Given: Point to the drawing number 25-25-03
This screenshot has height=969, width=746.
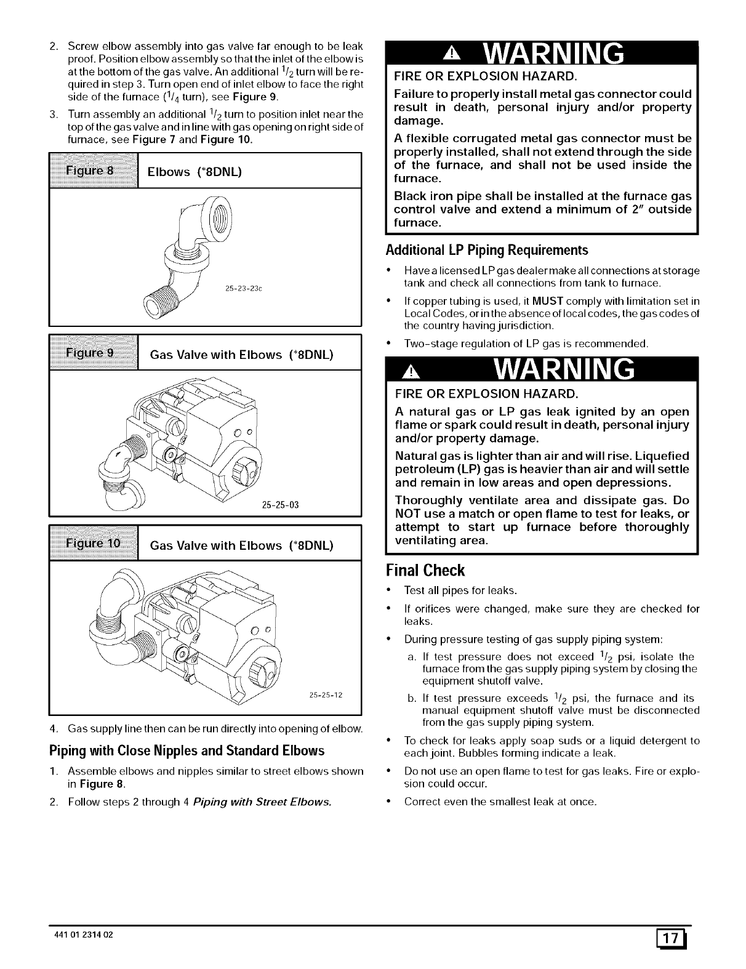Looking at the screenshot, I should pos(280,505).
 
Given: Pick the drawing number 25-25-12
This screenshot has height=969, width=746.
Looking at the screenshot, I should pos(326,695).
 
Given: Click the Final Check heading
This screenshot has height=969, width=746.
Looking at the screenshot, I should pos(425,570).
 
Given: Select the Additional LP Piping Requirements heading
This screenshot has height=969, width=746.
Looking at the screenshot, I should pos(486,250).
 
